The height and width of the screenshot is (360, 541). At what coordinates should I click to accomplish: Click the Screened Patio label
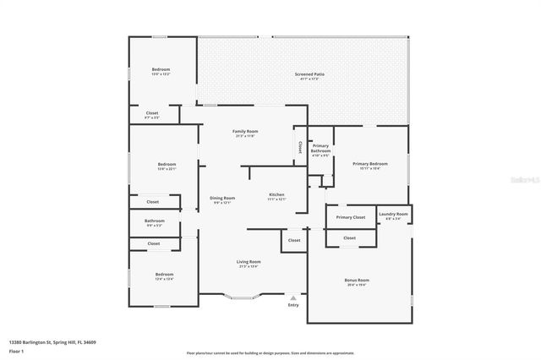[x=309, y=74]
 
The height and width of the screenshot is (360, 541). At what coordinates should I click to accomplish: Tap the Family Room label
[x=245, y=132]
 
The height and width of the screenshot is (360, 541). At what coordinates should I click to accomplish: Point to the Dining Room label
[x=222, y=199]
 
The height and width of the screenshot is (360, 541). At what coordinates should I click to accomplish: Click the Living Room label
[x=248, y=262]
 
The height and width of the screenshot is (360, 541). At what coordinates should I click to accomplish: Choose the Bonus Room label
[x=357, y=280]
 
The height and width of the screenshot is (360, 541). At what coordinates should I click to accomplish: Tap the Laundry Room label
[x=393, y=215]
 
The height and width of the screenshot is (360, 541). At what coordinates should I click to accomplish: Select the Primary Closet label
[x=350, y=218]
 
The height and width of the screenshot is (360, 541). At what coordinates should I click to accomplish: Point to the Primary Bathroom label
[x=320, y=149]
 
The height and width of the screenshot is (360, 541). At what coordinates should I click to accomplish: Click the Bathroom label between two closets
[x=154, y=222]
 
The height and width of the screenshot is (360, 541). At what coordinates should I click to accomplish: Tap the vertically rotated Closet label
[x=300, y=146]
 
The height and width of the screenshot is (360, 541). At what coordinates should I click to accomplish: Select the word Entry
[x=293, y=305]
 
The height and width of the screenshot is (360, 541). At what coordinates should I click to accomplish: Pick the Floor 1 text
[x=17, y=350]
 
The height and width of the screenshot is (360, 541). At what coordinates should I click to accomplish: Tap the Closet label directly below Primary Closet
[x=349, y=237]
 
